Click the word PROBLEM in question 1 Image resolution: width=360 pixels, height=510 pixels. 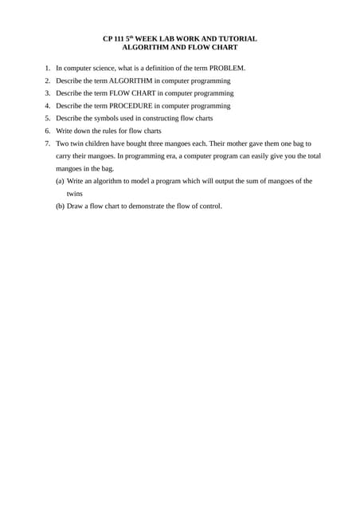click(x=227, y=68)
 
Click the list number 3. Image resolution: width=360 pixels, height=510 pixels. click(x=47, y=93)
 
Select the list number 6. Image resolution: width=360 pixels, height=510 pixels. click(x=47, y=130)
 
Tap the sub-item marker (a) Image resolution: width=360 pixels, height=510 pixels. click(x=60, y=181)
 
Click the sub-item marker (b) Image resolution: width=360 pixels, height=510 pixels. click(x=60, y=206)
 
